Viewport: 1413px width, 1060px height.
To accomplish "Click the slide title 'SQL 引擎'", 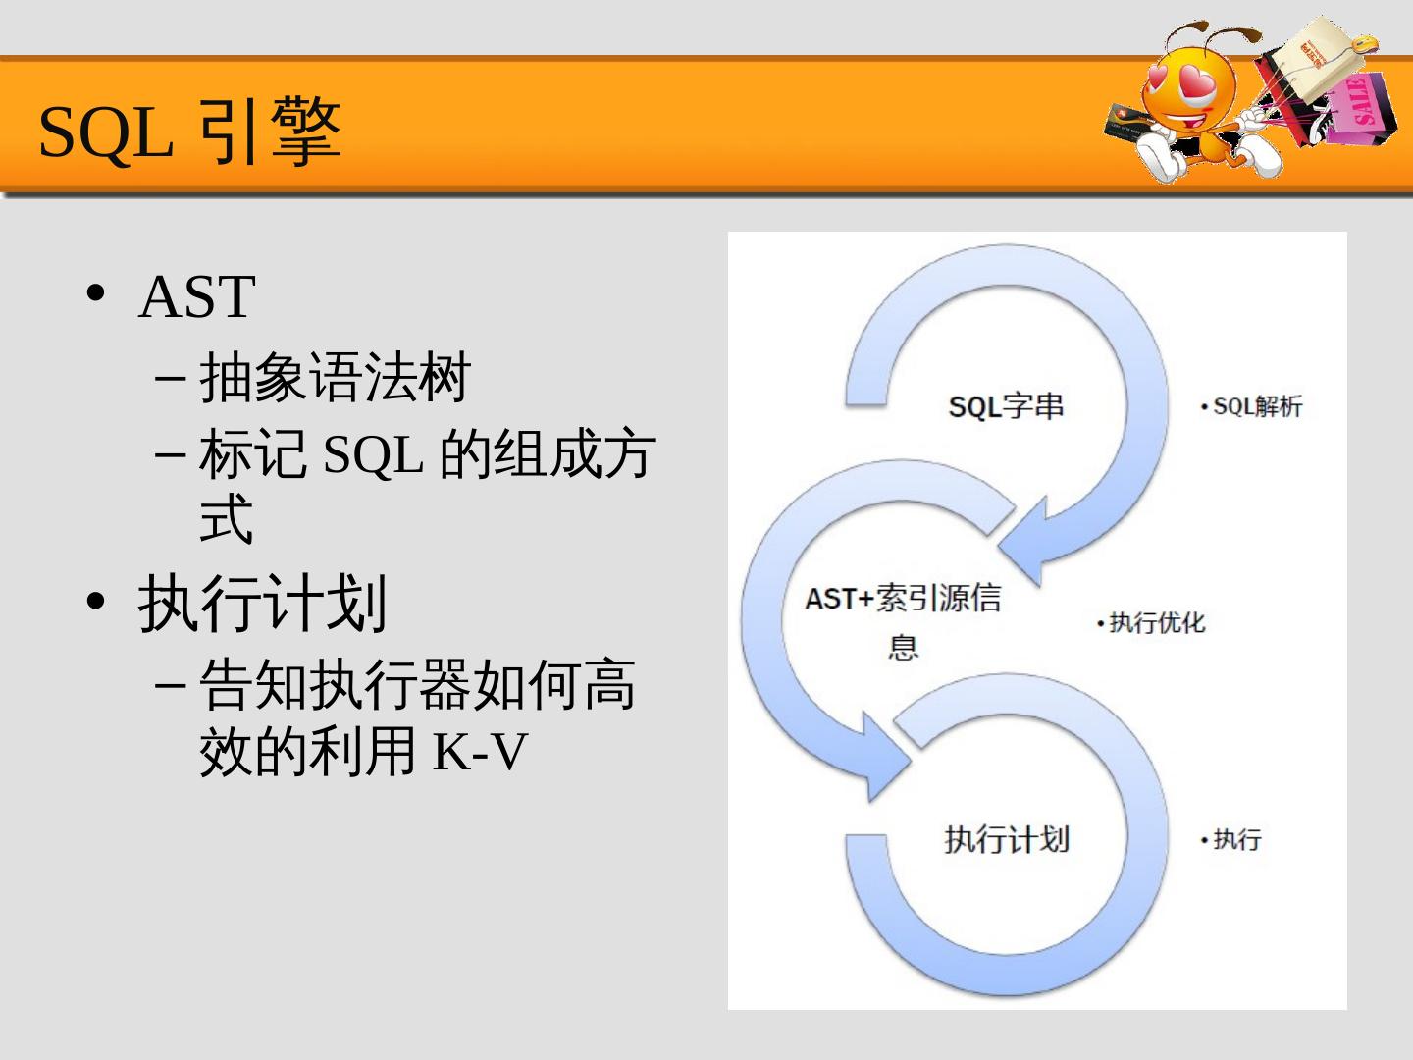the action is (x=189, y=132).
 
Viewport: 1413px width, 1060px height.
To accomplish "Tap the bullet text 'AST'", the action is (x=197, y=296).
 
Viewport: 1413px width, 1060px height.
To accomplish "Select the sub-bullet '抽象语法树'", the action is (x=335, y=377).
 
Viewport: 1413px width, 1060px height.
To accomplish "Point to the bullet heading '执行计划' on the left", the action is (x=262, y=603).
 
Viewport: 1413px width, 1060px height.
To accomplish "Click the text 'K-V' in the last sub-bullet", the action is (x=480, y=752).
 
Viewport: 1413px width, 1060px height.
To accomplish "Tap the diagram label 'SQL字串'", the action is (x=1006, y=406).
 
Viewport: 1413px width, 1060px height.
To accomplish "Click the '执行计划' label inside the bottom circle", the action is (x=1007, y=839).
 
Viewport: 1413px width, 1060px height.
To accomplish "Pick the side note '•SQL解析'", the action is (x=1252, y=406).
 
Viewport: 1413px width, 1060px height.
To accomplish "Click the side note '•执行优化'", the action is (x=1151, y=623).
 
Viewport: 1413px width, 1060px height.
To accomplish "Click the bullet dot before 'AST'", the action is (x=95, y=293).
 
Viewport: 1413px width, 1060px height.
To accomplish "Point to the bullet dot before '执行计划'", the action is (x=95, y=601).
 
